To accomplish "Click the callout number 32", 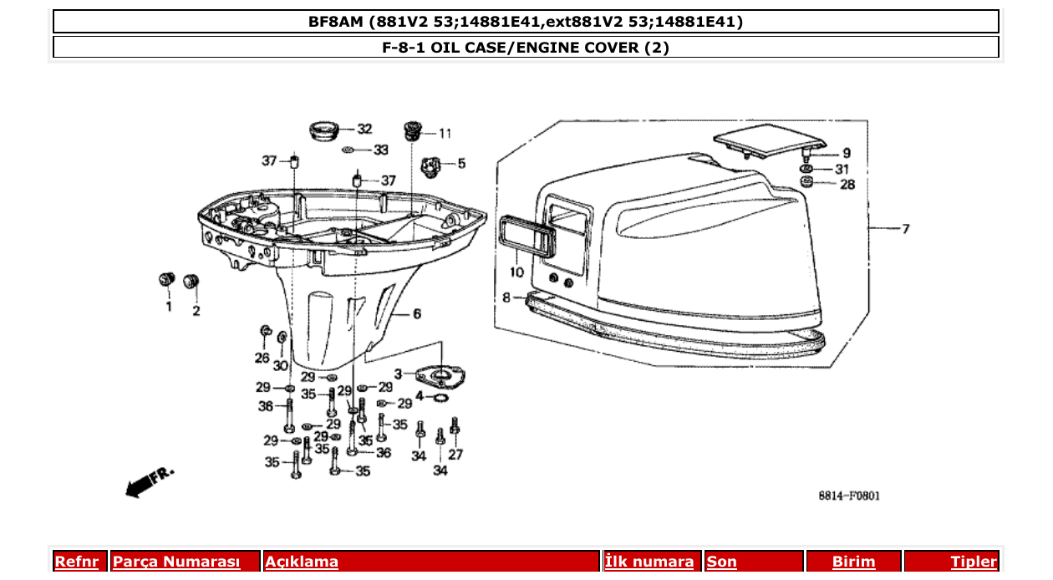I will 364,129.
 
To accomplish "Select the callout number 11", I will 445,133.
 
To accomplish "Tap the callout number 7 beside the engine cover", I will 906,228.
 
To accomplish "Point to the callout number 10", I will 516,272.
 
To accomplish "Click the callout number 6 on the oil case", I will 416,314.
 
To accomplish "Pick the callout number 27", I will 455,455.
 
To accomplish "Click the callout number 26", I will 262,358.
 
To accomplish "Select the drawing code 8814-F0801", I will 848,496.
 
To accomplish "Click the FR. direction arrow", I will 149,481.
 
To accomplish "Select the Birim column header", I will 853,562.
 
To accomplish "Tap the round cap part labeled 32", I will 323,130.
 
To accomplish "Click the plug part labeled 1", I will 165,278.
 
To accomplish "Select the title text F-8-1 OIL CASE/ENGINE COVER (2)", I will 526,47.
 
